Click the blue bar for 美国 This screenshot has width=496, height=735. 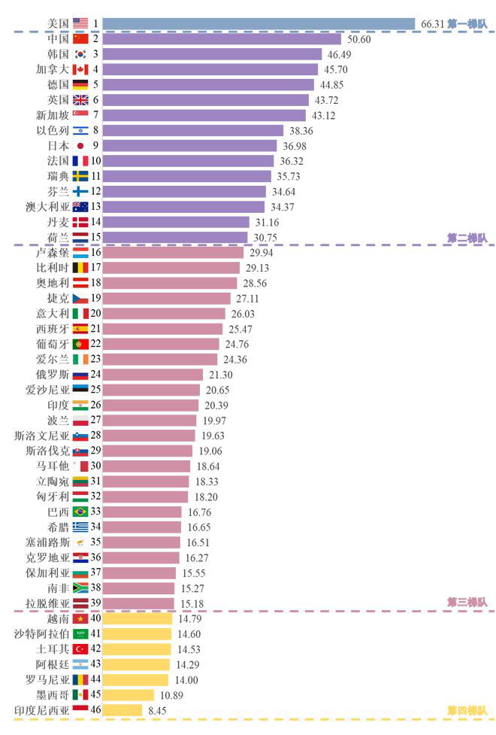click(x=259, y=23)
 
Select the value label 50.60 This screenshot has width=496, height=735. click(x=358, y=39)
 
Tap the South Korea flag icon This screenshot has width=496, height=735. click(x=80, y=54)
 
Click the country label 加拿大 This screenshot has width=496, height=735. click(x=52, y=69)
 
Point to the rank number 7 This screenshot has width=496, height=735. click(x=96, y=115)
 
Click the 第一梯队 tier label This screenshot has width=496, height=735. click(x=467, y=24)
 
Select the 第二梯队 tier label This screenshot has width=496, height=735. click(x=467, y=238)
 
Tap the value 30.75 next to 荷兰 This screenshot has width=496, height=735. click(x=266, y=238)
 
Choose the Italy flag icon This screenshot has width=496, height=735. click(x=80, y=314)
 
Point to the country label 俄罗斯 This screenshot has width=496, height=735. click(x=52, y=375)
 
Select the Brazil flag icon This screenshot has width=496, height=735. click(x=80, y=512)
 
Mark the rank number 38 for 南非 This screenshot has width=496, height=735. click(x=96, y=588)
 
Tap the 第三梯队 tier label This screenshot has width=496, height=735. click(x=467, y=603)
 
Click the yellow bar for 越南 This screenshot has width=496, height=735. click(x=138, y=619)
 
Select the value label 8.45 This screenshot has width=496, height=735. click(x=158, y=710)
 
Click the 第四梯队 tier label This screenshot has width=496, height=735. click(x=467, y=710)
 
